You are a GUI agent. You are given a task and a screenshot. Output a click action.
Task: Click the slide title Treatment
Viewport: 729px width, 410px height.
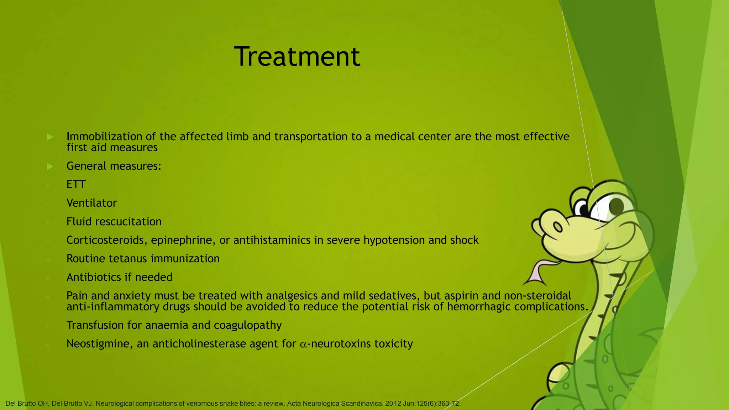[297, 57]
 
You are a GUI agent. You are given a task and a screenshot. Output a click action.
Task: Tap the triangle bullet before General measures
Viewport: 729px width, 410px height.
[50, 166]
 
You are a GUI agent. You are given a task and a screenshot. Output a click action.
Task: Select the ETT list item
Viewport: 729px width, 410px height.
[76, 185]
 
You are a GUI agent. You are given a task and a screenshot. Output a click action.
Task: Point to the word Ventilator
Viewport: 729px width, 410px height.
[91, 203]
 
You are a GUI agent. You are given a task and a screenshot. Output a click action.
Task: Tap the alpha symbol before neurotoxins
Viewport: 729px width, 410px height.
[303, 345]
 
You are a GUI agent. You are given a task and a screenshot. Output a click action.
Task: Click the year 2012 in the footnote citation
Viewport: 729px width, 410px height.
[393, 404]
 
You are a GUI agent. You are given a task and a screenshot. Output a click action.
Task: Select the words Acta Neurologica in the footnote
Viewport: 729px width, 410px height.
[313, 404]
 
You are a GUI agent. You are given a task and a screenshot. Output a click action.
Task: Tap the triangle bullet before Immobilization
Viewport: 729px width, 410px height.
[50, 137]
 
